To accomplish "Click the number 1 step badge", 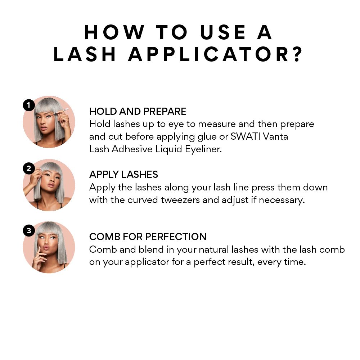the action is [29, 105].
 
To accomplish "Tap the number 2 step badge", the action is [29, 168].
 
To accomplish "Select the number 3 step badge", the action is [29, 230].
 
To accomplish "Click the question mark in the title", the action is [298, 54].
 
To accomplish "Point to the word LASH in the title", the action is [84, 54].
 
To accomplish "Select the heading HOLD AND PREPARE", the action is [138, 111].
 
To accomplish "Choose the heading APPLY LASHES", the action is [123, 175].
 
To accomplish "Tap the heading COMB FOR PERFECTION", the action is [148, 237].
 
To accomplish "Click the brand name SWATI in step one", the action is [245, 136].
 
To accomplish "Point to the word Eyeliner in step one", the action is [203, 149].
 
